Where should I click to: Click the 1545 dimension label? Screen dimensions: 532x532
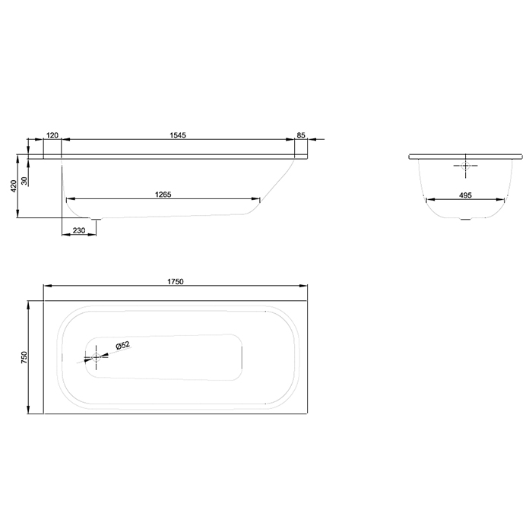coord(179,135)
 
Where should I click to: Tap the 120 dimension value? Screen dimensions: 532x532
coord(52,135)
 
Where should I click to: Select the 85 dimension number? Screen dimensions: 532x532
coord(301,135)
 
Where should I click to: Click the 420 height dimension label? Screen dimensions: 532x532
coord(14,187)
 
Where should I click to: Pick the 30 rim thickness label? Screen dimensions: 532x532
coord(24,180)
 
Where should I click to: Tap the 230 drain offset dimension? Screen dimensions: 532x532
coord(78,230)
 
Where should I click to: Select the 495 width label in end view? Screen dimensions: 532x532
coord(465,195)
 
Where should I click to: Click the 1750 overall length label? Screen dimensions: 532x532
coord(176,280)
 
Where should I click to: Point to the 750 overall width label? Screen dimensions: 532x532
coord(24,358)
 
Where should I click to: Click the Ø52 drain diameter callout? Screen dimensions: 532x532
coord(122,346)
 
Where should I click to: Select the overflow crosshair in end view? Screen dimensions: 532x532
coord(465,166)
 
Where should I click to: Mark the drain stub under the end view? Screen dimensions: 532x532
coord(465,221)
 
